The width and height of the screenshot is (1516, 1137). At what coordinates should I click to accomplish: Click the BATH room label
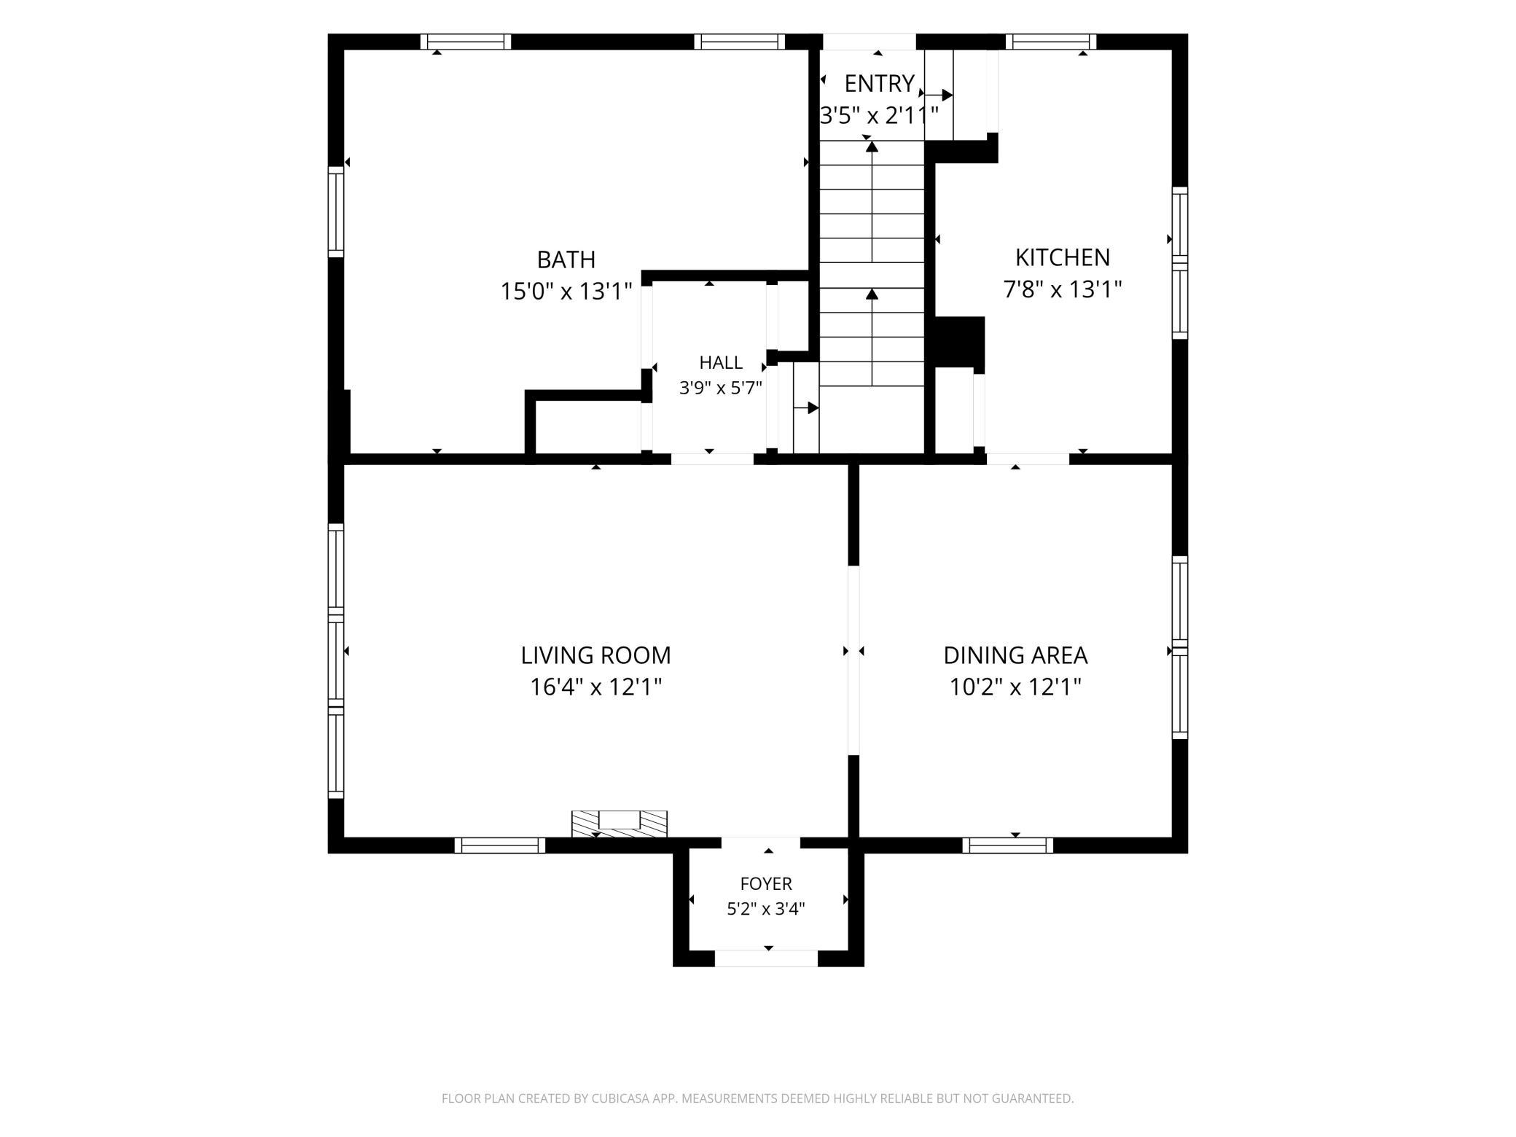(x=566, y=259)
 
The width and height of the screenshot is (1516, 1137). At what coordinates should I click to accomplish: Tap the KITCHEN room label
(x=1063, y=257)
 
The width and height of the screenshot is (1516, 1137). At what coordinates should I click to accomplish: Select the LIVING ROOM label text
(x=595, y=655)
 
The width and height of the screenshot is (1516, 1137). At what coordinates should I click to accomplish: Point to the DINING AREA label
(x=1015, y=655)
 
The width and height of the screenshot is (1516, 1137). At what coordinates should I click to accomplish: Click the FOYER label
(x=766, y=884)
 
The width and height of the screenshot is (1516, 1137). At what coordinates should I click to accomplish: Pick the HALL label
(x=721, y=362)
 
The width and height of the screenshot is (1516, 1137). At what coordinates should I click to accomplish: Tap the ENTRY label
(x=879, y=84)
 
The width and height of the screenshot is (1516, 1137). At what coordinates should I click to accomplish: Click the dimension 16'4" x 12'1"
(x=595, y=687)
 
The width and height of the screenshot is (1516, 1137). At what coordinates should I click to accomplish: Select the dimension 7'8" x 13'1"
(x=1063, y=289)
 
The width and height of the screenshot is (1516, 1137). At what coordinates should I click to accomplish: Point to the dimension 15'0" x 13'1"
(x=566, y=292)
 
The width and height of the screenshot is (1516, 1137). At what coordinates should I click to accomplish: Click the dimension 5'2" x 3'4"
(x=766, y=909)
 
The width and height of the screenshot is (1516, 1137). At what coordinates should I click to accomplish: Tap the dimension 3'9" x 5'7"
(x=721, y=388)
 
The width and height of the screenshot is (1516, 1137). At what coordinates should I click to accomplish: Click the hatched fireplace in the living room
(x=619, y=824)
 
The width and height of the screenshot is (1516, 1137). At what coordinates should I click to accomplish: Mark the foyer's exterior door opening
(x=766, y=958)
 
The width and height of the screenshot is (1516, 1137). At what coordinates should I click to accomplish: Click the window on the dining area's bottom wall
(x=1008, y=845)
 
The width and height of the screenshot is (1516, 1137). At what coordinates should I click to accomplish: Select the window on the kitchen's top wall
(x=1051, y=42)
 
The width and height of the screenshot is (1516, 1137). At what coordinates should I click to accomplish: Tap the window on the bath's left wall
(x=335, y=211)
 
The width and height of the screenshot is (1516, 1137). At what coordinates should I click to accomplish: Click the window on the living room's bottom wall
(x=500, y=845)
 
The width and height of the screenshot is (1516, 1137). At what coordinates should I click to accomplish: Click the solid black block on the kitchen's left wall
(x=959, y=342)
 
